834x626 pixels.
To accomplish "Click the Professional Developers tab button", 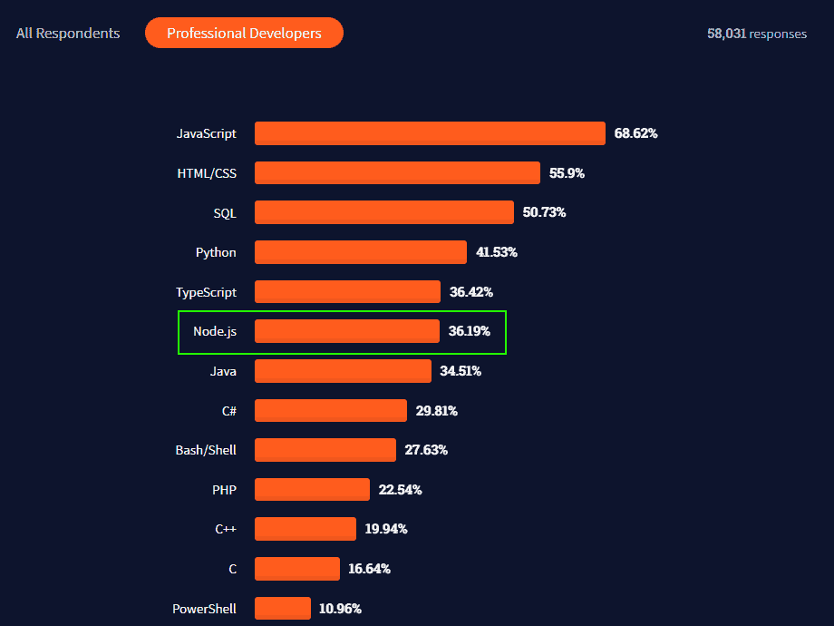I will (244, 33).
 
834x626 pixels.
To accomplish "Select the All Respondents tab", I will (68, 33).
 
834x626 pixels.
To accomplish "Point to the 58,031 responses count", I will (756, 34).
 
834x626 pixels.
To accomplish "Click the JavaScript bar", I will (430, 133).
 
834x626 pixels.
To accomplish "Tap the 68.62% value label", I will (635, 133).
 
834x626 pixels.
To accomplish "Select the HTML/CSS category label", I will (207, 173).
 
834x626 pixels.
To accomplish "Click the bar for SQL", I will (383, 212).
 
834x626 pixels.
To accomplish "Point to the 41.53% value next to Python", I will (496, 252).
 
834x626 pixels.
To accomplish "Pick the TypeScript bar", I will (347, 292).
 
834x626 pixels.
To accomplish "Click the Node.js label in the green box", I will (215, 331).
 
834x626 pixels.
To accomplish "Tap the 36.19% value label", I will (469, 331).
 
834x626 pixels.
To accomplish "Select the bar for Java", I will (343, 371).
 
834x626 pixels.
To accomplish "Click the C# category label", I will (229, 411).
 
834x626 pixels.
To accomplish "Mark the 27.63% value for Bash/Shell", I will (426, 450).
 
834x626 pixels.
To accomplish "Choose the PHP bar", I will (312, 490).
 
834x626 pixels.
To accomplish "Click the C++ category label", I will (226, 529).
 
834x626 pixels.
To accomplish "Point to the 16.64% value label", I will (369, 569).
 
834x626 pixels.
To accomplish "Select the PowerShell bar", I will (283, 608).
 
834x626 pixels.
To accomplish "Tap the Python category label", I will (216, 252).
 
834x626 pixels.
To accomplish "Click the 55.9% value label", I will (567, 173).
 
